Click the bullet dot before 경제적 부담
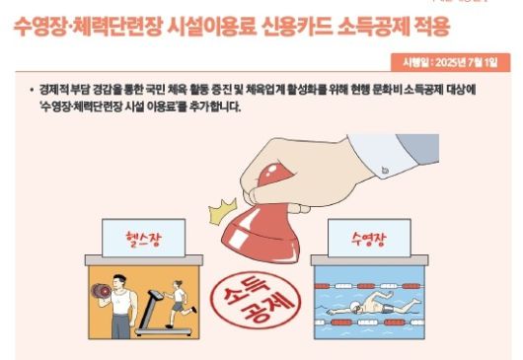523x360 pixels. coord(33,90)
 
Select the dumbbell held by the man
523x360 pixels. coord(99,292)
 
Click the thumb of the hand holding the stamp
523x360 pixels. coord(271,179)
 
